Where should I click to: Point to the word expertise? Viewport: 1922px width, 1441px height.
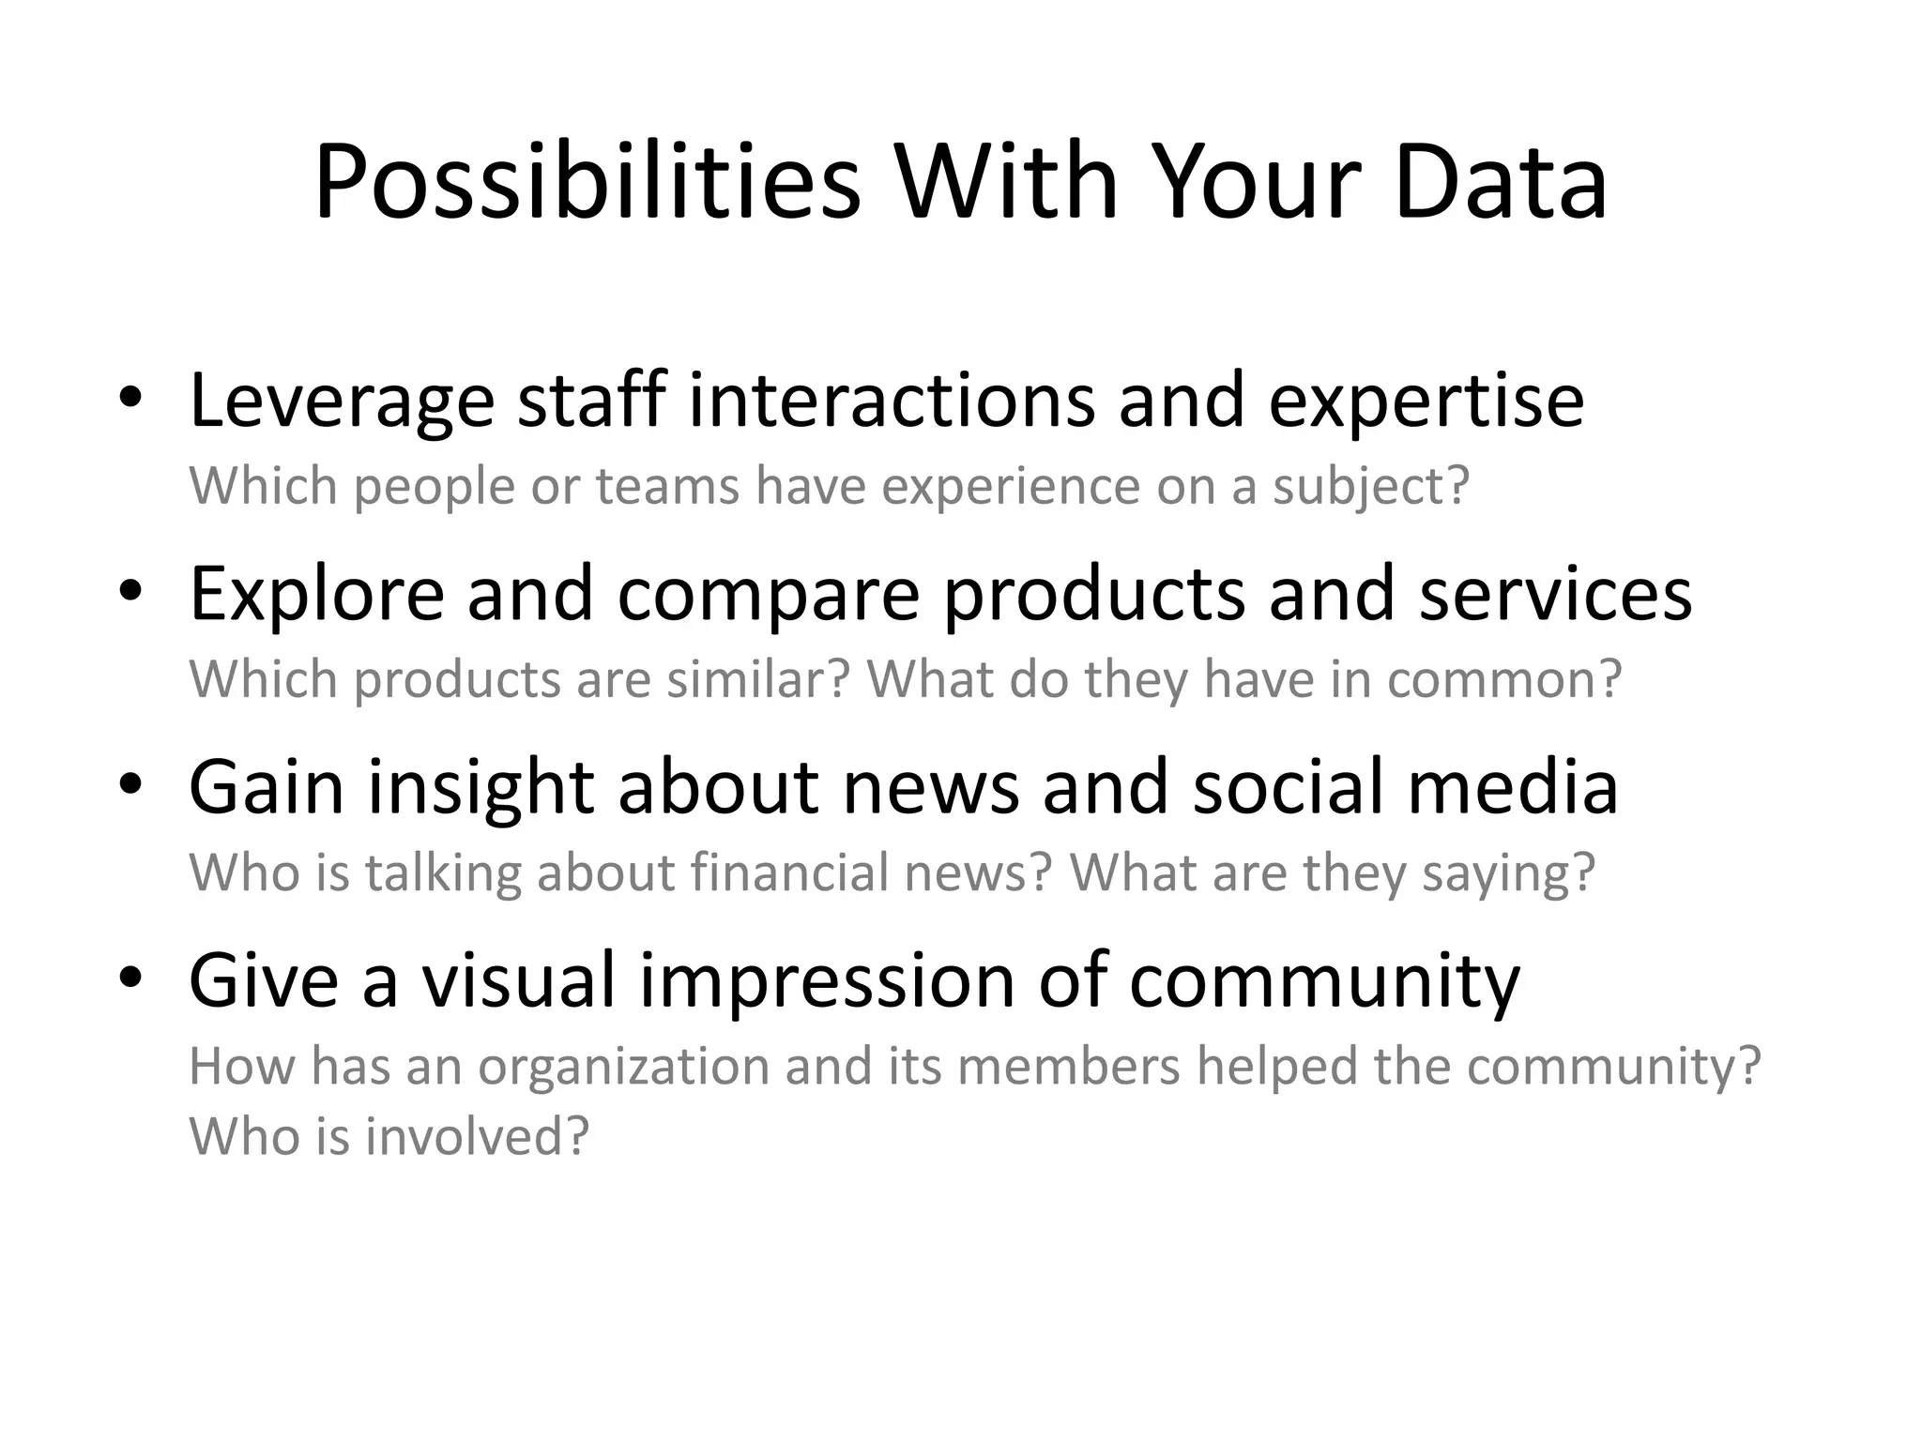[x=1426, y=402]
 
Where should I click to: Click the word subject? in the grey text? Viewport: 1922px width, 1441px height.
[x=1370, y=487]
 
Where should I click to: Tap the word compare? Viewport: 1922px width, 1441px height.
[x=768, y=595]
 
